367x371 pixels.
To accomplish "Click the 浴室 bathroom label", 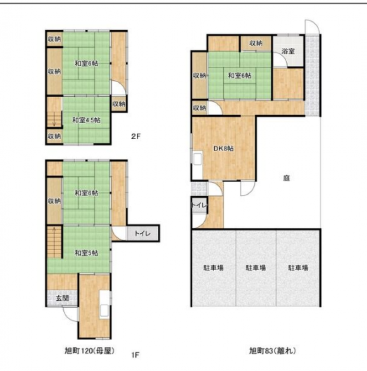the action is click(288, 51).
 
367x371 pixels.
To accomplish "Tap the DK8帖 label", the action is click(223, 149).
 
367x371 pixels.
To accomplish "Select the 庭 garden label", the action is click(286, 178).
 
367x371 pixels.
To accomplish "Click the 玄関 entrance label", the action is click(62, 298).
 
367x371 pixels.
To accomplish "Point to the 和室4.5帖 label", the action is click(87, 120).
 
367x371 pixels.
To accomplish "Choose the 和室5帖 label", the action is click(87, 253).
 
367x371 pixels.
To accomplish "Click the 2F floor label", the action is click(136, 136).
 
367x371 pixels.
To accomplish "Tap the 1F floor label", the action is click(135, 355).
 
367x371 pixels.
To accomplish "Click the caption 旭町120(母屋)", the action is click(89, 351).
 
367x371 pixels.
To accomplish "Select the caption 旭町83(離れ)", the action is click(272, 351).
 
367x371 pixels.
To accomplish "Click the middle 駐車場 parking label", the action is click(256, 268).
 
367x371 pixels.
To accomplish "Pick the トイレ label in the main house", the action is click(143, 234).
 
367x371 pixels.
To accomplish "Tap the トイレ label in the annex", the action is click(200, 205).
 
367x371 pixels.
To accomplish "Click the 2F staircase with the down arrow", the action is click(54, 119).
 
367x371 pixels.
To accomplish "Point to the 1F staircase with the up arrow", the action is click(54, 242).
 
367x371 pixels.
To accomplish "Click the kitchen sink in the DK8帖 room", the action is click(197, 159).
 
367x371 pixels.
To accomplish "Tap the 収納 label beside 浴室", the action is click(256, 43).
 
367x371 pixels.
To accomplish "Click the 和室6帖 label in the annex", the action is click(239, 76).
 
